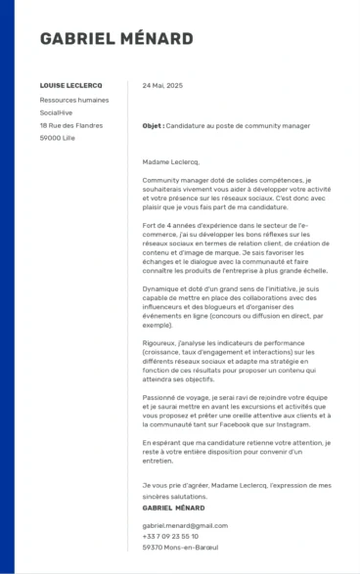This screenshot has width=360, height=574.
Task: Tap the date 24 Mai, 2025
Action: [162, 86]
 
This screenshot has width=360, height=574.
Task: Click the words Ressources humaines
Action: [74, 100]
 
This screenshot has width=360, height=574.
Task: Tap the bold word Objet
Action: [152, 126]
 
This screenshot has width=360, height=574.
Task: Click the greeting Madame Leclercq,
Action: [170, 161]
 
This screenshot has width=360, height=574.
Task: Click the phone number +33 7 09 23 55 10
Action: [170, 536]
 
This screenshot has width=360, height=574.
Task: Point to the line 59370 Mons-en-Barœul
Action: [179, 548]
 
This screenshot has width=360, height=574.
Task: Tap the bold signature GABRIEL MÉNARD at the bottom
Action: [173, 508]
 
